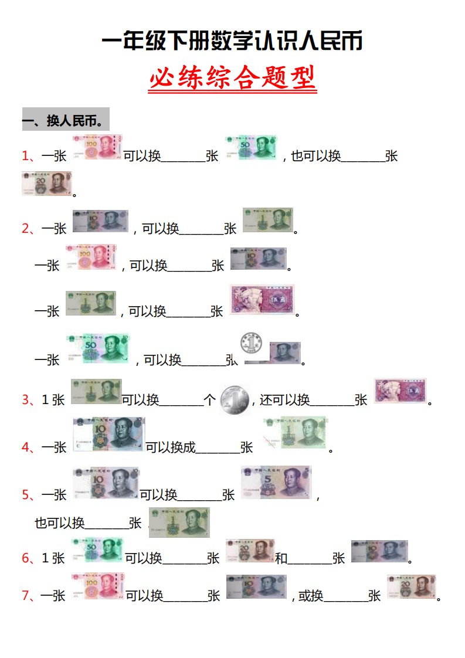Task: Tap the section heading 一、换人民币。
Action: click(x=65, y=121)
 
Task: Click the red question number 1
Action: click(x=25, y=156)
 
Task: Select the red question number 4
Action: click(x=25, y=447)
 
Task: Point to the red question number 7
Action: click(x=25, y=596)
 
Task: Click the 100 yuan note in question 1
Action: click(x=97, y=147)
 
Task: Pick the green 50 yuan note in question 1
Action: click(x=251, y=147)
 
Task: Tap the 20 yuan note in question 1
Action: click(x=46, y=184)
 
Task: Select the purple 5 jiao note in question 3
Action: click(x=399, y=391)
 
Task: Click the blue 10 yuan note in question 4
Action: click(x=108, y=434)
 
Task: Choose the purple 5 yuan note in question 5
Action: click(x=276, y=483)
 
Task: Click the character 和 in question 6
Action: click(x=281, y=558)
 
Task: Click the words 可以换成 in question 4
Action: click(x=170, y=447)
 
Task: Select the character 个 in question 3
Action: click(x=209, y=400)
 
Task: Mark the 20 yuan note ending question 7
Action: click(x=411, y=586)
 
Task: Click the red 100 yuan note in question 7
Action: click(x=97, y=586)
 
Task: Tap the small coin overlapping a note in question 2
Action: click(x=252, y=342)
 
